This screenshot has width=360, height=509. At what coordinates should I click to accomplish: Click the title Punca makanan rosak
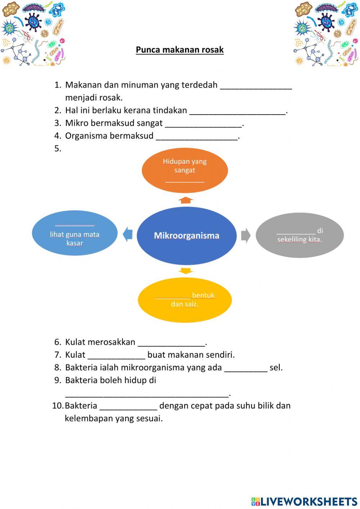(x=180, y=50)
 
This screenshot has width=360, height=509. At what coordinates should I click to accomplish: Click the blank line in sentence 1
(x=256, y=86)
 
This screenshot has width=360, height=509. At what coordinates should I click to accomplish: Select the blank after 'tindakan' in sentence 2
(x=238, y=111)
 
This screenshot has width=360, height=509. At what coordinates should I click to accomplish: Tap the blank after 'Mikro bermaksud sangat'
(x=203, y=124)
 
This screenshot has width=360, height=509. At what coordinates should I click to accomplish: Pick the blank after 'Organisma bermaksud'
(x=197, y=137)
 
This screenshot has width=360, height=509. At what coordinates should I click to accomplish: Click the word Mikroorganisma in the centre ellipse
(x=186, y=236)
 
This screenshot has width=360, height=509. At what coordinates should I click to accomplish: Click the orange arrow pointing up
(x=186, y=200)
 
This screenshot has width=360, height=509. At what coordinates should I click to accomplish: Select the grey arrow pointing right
(x=246, y=235)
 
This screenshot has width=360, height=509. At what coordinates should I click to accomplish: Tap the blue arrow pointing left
(x=128, y=235)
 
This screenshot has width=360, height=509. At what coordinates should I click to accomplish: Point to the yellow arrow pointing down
(x=186, y=271)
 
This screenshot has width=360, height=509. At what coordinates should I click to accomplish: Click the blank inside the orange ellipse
(x=185, y=179)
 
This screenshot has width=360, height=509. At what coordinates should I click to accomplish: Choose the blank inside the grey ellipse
(x=296, y=231)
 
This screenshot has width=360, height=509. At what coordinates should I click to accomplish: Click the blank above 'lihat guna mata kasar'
(x=75, y=224)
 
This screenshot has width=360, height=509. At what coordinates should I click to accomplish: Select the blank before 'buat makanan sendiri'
(x=116, y=356)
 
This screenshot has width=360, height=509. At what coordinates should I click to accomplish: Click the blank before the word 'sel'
(x=246, y=368)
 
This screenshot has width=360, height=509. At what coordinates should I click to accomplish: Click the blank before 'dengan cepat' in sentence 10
(x=128, y=406)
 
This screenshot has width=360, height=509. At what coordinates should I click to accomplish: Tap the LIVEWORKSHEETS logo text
(x=304, y=501)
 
